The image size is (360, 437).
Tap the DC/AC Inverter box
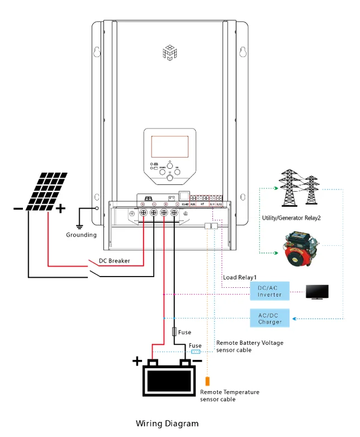(269, 291)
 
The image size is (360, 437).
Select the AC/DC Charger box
(269, 318)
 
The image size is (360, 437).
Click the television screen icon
(317, 291)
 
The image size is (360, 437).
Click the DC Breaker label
(115, 261)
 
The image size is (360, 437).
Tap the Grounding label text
(81, 235)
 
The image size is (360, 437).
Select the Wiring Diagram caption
(167, 424)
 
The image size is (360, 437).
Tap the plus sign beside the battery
(137, 361)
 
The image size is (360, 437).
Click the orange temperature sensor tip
(208, 382)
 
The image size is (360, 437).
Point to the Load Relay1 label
(240, 277)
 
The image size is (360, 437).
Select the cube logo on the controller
(169, 52)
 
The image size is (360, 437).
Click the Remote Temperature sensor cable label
(229, 396)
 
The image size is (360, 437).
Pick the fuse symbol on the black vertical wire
(174, 331)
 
